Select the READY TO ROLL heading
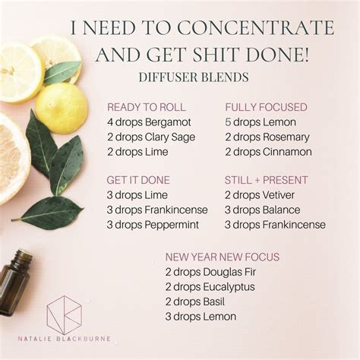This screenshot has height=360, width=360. (x=147, y=107)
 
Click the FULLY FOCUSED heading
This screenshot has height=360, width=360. (x=266, y=107)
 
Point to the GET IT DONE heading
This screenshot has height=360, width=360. (x=138, y=180)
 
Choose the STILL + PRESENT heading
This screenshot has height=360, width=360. (x=266, y=180)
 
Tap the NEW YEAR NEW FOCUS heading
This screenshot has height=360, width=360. (x=223, y=257)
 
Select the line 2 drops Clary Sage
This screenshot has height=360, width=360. (x=151, y=137)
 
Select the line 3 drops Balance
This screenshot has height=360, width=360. (x=262, y=210)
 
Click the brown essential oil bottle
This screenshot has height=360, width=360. (x=14, y=281)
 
